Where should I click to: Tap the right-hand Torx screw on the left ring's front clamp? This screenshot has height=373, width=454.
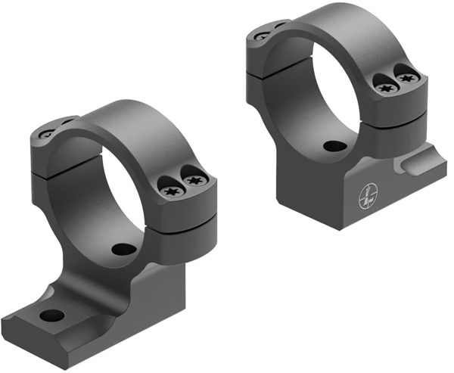tap(194, 180)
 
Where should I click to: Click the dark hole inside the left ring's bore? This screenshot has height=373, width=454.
tap(120, 248)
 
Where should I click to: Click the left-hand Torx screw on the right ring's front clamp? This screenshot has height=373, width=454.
tap(384, 87)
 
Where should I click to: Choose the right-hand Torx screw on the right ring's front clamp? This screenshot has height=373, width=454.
tap(408, 78)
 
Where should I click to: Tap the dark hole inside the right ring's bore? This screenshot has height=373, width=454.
tap(331, 146)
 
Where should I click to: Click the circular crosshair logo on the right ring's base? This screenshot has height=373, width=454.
tap(367, 197)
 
